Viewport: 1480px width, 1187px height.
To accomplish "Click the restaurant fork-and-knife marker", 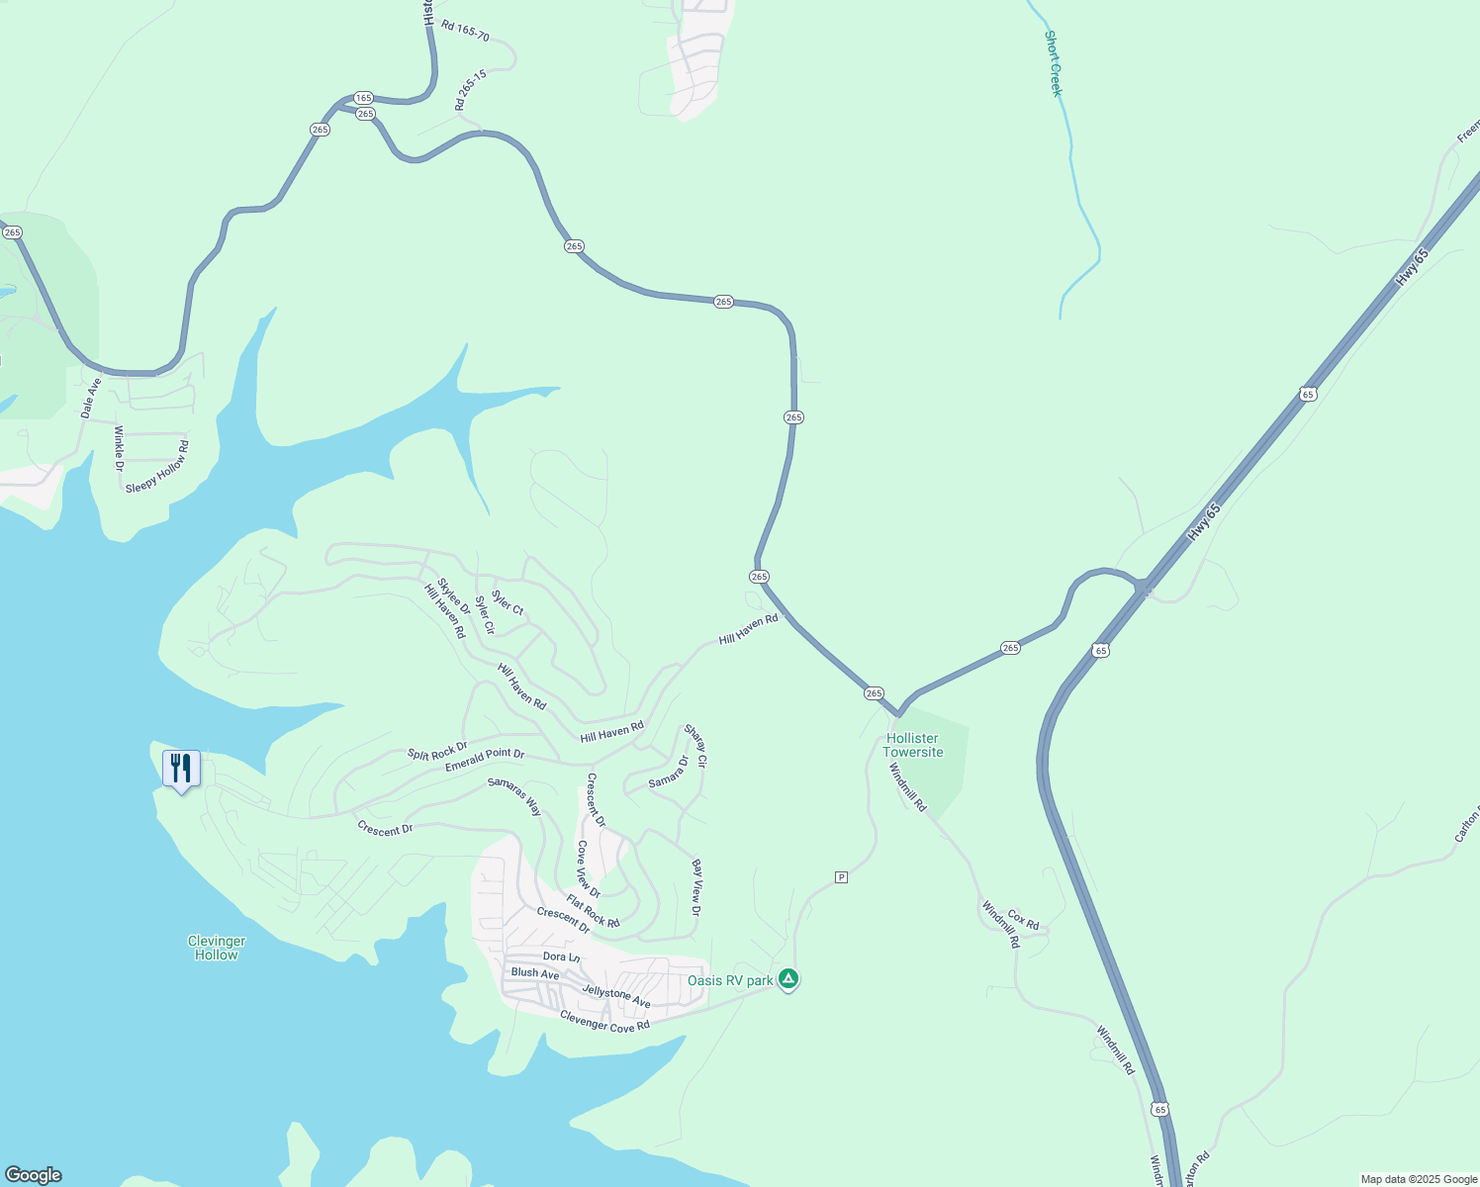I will point(181,769).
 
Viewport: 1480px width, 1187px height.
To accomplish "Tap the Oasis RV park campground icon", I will point(787,979).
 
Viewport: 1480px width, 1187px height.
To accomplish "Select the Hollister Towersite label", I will point(912,745).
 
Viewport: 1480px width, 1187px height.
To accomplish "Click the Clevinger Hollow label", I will point(216,948).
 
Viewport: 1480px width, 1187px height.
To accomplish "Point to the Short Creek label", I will point(1054,63).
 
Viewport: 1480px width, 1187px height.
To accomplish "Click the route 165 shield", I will point(363,98).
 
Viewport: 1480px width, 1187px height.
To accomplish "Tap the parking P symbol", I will point(841,877).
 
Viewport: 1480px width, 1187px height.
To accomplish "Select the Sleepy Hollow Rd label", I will point(157,468).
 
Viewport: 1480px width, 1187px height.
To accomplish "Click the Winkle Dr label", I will point(119,447).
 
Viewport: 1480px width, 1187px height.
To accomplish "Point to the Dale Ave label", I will point(91,398).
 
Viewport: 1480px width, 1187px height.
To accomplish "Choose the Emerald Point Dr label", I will point(484,760).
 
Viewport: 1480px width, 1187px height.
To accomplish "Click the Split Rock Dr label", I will point(437,751).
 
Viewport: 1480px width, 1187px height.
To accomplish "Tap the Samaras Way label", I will point(514,796).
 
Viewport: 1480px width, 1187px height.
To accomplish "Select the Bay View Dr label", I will point(696,887).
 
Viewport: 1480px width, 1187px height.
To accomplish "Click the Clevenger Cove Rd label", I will point(604,1021).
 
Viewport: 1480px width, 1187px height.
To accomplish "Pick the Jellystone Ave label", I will point(616,997).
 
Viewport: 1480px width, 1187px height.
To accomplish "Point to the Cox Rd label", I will point(1023,921).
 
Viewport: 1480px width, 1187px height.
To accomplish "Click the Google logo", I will point(33,1175).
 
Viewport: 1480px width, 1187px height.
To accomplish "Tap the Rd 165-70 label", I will point(465,31).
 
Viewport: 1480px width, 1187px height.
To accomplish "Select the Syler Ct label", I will point(508,602).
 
